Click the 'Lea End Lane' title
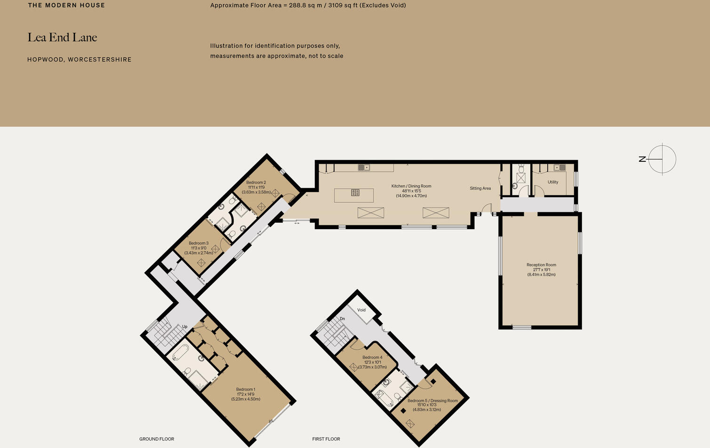[62, 38]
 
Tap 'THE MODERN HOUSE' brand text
[66, 5]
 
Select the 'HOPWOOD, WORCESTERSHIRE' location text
[79, 60]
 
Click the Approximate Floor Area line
[308, 6]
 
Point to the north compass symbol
[662, 159]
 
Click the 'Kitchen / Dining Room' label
[411, 186]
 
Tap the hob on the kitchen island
[355, 192]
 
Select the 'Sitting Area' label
[480, 188]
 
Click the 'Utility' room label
[553, 182]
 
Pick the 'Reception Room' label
[541, 265]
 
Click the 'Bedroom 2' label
[256, 183]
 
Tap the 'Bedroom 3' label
[199, 243]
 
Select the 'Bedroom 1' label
[246, 390]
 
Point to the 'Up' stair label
[184, 327]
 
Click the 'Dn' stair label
[342, 319]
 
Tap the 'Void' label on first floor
[361, 310]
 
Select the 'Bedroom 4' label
[372, 358]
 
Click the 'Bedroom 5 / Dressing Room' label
[432, 401]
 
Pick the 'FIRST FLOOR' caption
[326, 439]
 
